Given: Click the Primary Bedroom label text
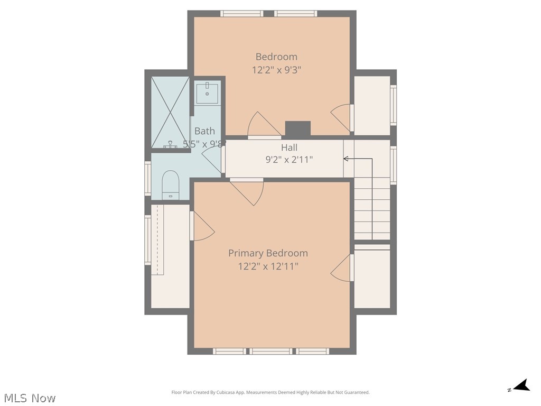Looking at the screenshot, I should coord(268,253).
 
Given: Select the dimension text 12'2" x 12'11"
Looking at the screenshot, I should coord(268,266).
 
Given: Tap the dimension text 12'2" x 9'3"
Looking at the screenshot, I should coord(276,69).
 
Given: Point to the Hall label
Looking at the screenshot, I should coord(289,147).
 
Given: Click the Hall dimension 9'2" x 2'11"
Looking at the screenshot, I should coord(289,159).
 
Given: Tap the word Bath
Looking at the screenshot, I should coord(204,131).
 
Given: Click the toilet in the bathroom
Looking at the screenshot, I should coord(170,183).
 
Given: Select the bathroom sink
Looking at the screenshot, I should coord(208,94).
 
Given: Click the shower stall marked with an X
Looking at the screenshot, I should coord(170,112).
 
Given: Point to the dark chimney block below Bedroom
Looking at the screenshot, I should coord(297,129).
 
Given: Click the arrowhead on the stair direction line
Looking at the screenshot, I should coord(346,159).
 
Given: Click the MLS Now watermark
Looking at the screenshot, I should coord(30,398).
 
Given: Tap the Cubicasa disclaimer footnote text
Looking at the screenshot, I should coord(270,392).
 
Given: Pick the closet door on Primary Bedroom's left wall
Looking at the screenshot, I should coord(202,226).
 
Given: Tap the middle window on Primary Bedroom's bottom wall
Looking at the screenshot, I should coord(270,351).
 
